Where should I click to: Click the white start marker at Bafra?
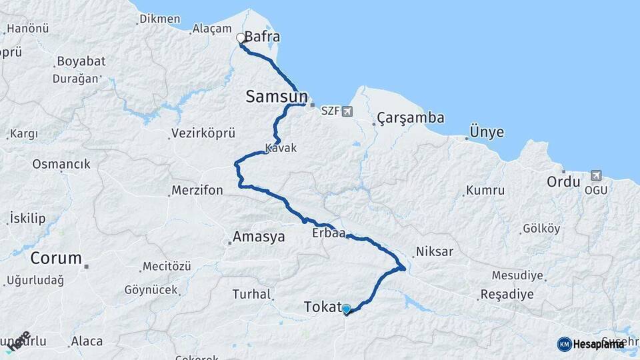click(x=241, y=38)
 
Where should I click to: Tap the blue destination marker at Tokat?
click(x=346, y=309)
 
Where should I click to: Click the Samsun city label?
click(x=276, y=97)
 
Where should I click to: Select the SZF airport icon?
click(x=347, y=111)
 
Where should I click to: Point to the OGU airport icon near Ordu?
click(x=595, y=176)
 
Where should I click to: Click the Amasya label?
click(x=258, y=237)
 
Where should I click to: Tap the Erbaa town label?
click(x=328, y=233)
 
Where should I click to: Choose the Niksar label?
click(x=434, y=252)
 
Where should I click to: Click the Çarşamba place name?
click(x=411, y=118)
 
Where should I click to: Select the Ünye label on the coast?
click(x=487, y=132)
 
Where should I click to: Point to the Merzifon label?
click(x=197, y=191)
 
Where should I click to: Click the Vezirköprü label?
click(x=203, y=134)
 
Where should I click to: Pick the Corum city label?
click(x=56, y=258)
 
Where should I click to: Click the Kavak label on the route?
click(x=281, y=148)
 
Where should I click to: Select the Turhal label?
click(x=251, y=294)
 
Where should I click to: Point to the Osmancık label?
click(x=61, y=164)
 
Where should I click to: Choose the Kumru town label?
click(x=485, y=191)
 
